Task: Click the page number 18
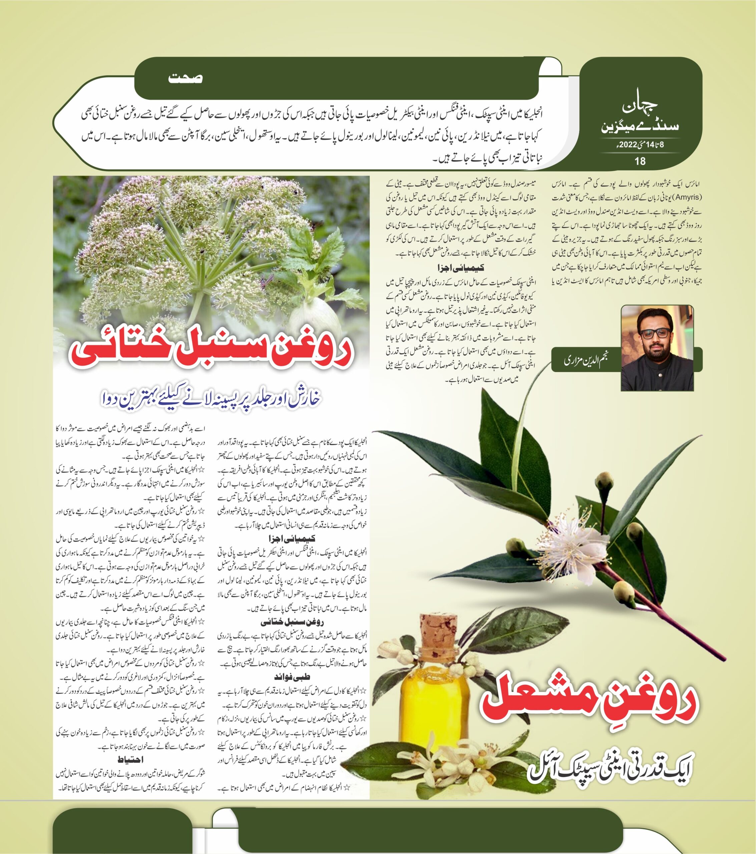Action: tap(640, 160)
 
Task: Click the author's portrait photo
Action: tap(657, 348)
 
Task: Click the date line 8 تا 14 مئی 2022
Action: tap(640, 146)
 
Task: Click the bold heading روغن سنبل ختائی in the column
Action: tap(292, 622)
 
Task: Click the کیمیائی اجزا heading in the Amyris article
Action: tap(460, 268)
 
